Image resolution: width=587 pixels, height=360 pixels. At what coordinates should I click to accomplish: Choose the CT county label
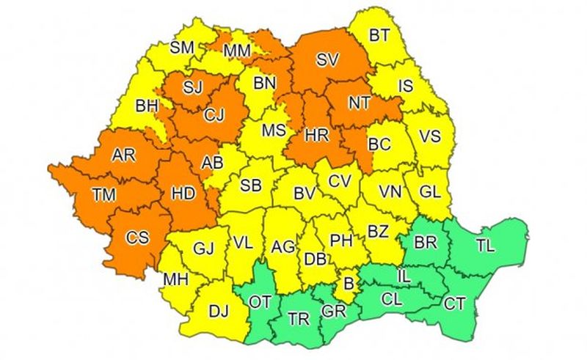[455, 303]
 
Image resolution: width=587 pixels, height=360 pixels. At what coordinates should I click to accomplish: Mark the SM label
[181, 48]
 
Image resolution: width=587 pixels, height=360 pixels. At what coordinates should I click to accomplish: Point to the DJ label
[218, 312]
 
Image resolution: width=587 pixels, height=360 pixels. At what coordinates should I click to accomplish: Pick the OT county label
[260, 301]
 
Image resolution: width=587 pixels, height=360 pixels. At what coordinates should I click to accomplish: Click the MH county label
[175, 278]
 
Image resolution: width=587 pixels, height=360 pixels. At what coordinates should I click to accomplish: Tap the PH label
[340, 240]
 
